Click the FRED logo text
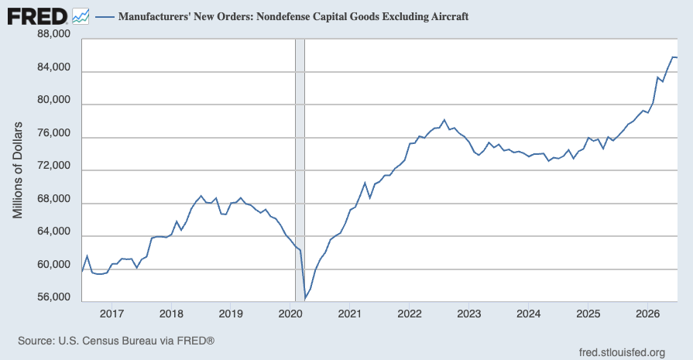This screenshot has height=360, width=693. [37, 17]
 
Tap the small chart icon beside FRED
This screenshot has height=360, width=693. [81, 17]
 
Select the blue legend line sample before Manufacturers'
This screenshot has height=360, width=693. [105, 17]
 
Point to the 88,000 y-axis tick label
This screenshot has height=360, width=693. [54, 34]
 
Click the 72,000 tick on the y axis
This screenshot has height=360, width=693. [54, 166]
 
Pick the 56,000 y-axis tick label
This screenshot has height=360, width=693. [54, 297]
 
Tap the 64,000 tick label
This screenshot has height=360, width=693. [54, 231]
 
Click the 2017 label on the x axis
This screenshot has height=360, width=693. [111, 314]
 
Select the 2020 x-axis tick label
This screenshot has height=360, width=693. [290, 314]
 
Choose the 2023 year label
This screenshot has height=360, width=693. [469, 314]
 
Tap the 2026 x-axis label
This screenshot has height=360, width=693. [647, 314]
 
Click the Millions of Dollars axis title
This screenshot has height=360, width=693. [17, 170]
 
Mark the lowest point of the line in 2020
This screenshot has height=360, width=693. [305, 299]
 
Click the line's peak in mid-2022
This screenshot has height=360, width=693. [444, 120]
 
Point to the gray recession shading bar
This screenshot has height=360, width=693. [300, 170]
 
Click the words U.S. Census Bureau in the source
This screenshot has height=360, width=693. [108, 341]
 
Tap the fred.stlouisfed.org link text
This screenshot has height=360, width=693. [622, 352]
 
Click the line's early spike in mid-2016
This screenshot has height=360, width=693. [87, 255]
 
